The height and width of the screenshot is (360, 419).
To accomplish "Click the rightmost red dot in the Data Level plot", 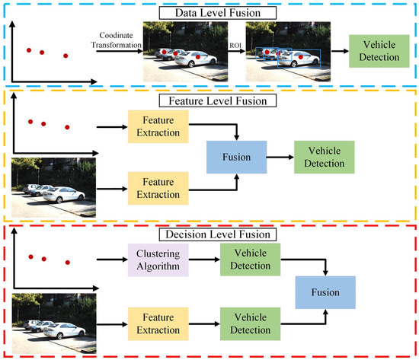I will click(x=66, y=56).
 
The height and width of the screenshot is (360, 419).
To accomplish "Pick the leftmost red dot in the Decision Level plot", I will click(x=30, y=256).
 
